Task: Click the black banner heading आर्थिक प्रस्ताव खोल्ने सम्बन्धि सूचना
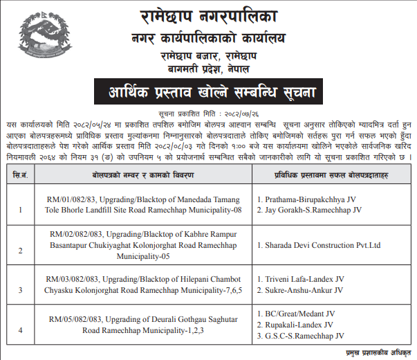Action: [x=208, y=91]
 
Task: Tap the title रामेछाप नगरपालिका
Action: [x=208, y=14]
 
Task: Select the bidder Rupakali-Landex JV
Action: [x=299, y=324]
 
